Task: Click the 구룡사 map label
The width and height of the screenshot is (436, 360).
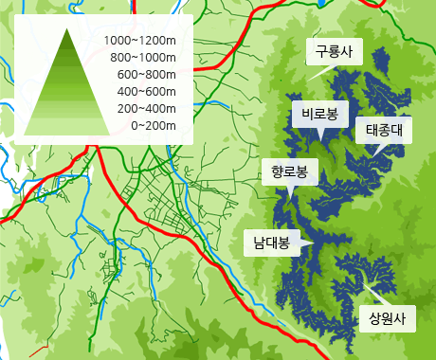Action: pos(335,53)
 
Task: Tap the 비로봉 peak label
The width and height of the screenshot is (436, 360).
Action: pos(319,114)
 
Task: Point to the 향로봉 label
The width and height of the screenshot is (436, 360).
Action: pos(289,171)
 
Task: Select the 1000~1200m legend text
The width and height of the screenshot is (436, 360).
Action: pos(141,40)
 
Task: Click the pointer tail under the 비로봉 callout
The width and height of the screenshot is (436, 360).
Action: pos(322,135)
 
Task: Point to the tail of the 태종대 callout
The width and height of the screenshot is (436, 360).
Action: pos(376,151)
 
